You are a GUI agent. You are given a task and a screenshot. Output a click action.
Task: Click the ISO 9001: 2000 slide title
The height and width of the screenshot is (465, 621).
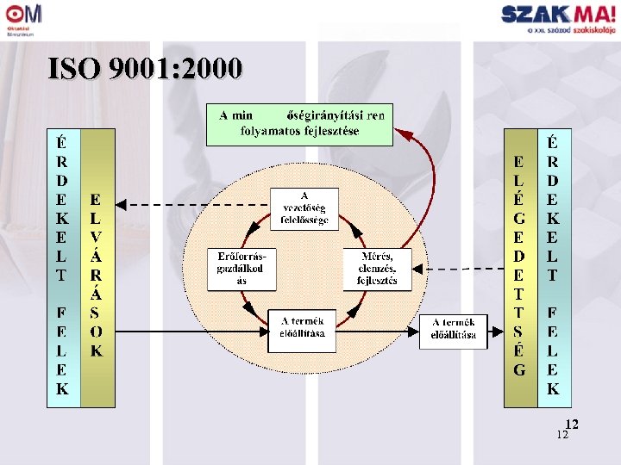coord(145,69)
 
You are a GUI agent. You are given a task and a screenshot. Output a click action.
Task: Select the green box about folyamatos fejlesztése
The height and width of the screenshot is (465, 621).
coord(298,124)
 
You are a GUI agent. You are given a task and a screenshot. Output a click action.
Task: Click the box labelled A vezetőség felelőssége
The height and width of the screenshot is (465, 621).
coord(304,208)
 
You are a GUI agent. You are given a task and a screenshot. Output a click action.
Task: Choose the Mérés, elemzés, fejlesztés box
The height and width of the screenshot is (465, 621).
coord(377,269)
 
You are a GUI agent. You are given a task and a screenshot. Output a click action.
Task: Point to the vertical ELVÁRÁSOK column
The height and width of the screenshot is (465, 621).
coord(97,267)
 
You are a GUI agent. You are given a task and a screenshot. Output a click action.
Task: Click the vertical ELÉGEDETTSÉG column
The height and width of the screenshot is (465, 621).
coord(518,267)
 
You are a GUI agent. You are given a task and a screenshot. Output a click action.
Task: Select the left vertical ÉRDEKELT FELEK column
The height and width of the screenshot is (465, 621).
coord(62,267)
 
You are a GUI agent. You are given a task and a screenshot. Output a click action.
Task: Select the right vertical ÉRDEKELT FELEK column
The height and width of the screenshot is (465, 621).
coord(552,267)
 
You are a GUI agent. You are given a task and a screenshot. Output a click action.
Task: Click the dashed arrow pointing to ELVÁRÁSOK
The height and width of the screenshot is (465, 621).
coord(194,204)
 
